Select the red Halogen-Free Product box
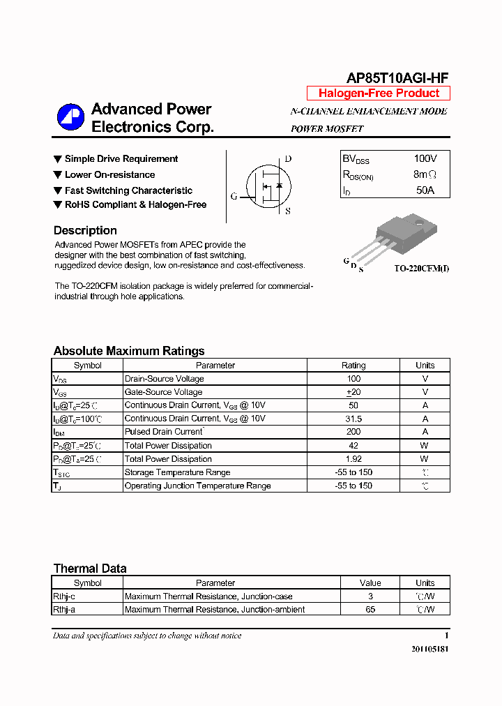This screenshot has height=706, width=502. coord(379,93)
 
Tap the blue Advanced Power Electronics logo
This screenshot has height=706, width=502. coord(70,117)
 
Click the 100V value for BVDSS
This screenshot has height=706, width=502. coord(425,159)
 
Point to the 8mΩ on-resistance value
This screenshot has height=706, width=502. coord(425,174)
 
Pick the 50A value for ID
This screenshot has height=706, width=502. coord(425,190)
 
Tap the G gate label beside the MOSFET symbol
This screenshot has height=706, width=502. coord(234,197)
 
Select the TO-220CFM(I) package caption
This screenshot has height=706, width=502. coord(421,269)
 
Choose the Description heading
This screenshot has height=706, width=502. coord(85,230)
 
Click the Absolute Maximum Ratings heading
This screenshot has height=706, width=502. coord(129,351)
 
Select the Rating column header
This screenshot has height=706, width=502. coord(353,365)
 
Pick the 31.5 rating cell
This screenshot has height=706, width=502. coord(353,419)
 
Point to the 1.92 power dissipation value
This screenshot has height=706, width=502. coord(353,459)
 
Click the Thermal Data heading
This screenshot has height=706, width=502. coord(90,569)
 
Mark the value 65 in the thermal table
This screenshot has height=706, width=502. coord(370,610)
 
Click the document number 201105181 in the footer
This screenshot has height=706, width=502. coord(429,649)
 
